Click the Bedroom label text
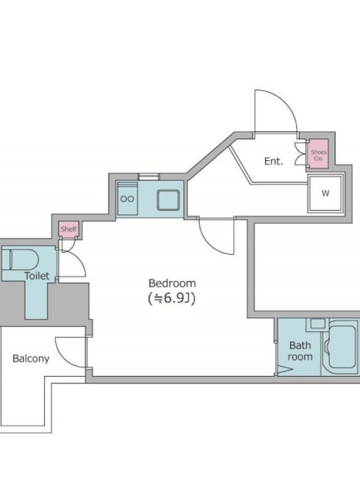pos(172,283)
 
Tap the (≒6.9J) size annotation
pos(172,298)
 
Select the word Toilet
pos(37,276)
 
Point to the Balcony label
pos(31,358)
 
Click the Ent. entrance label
pos(274,161)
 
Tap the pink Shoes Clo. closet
pos(319,154)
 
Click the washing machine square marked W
pos(325,193)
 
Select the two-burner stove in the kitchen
pos(127,199)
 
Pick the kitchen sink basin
pos(168,200)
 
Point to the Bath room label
pos(300,351)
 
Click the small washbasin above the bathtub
pos(317,323)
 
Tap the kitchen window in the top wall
pos(148,176)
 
